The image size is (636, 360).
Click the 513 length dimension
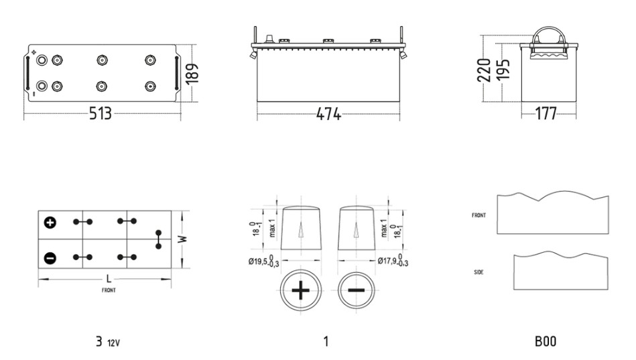tap(100, 113)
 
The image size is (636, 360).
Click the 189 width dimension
tap(192, 74)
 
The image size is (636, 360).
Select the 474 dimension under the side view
tap(328, 114)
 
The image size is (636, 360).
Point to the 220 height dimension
tap(484, 70)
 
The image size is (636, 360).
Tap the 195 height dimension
tap(503, 70)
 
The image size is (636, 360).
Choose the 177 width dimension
tap(546, 114)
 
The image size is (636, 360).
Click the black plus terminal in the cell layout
tap(50, 223)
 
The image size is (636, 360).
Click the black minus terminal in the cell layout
tap(50, 258)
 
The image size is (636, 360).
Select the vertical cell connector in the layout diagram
tap(159, 239)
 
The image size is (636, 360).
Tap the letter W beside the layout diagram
tap(184, 239)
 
